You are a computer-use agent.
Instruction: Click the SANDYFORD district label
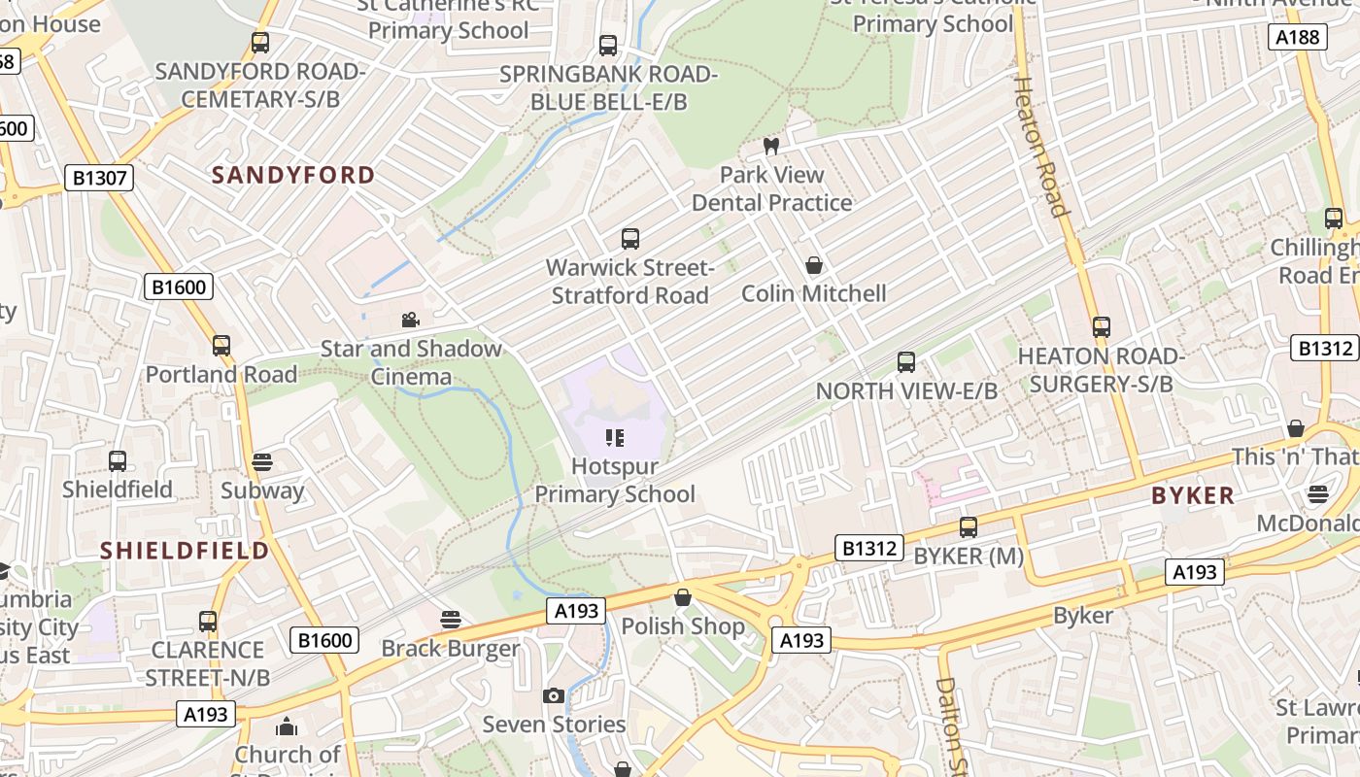coord(293,175)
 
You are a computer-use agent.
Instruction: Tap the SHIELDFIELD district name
coord(185,551)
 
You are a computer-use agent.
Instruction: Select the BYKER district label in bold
coord(1193,495)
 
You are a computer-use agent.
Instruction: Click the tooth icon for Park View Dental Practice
coord(771,147)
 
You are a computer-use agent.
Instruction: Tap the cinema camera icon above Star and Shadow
coord(410,320)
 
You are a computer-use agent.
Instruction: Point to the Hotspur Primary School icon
coord(614,438)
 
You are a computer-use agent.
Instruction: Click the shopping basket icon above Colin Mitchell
coord(814,265)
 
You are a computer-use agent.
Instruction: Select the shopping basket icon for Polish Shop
coord(683,597)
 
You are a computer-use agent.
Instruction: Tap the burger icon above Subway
coord(262,462)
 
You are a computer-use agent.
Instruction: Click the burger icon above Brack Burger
coord(450,619)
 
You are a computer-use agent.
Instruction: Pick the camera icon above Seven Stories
coord(554,695)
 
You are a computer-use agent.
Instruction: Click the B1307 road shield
coord(98,178)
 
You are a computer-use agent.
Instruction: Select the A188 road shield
coord(1297,37)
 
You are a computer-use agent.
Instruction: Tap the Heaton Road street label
coord(1039,146)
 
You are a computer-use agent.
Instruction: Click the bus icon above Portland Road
coord(221,346)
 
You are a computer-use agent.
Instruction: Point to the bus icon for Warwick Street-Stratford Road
coord(629,239)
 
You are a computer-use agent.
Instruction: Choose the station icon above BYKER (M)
coord(969,527)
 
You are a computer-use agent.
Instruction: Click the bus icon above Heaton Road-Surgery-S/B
coord(1101,327)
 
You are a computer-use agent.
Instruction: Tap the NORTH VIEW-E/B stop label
coord(905,390)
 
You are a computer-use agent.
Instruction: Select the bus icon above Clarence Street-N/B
coord(207,622)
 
